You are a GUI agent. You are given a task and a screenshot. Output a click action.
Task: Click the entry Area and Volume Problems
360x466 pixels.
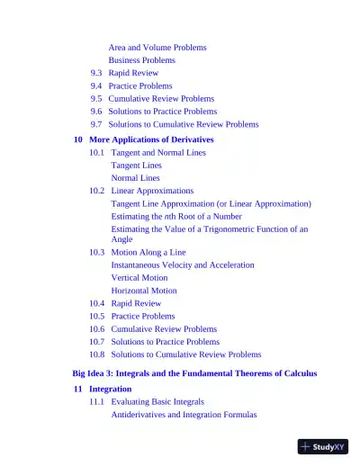click(x=157, y=47)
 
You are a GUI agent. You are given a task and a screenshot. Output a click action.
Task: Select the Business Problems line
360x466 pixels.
click(x=141, y=60)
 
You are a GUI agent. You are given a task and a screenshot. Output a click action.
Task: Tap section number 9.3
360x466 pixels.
click(x=96, y=73)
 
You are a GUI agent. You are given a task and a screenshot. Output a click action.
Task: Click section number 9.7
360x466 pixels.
click(x=96, y=124)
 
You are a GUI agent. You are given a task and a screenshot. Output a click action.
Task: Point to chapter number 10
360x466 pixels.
click(x=77, y=139)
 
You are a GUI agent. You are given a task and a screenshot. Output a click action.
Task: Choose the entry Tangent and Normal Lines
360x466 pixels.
click(x=157, y=153)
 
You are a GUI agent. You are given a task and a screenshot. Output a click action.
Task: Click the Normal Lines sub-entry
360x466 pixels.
click(x=135, y=178)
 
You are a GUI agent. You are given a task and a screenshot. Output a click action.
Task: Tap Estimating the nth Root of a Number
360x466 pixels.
click(x=176, y=216)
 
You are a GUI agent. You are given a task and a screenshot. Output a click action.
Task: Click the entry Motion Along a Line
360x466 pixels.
click(x=148, y=253)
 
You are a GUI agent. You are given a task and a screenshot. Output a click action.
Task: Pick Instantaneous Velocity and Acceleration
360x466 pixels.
click(x=183, y=265)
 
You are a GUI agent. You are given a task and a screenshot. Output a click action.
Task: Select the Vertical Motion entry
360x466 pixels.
click(x=139, y=278)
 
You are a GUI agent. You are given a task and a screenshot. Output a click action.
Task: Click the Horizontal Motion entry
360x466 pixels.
click(x=144, y=291)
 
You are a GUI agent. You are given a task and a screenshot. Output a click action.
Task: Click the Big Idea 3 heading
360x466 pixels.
click(x=194, y=372)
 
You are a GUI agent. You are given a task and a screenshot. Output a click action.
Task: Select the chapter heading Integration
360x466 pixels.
click(x=110, y=389)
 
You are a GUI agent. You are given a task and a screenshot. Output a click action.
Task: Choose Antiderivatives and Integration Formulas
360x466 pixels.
click(x=184, y=415)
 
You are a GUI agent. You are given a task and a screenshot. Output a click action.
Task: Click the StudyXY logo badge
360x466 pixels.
click(x=322, y=446)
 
